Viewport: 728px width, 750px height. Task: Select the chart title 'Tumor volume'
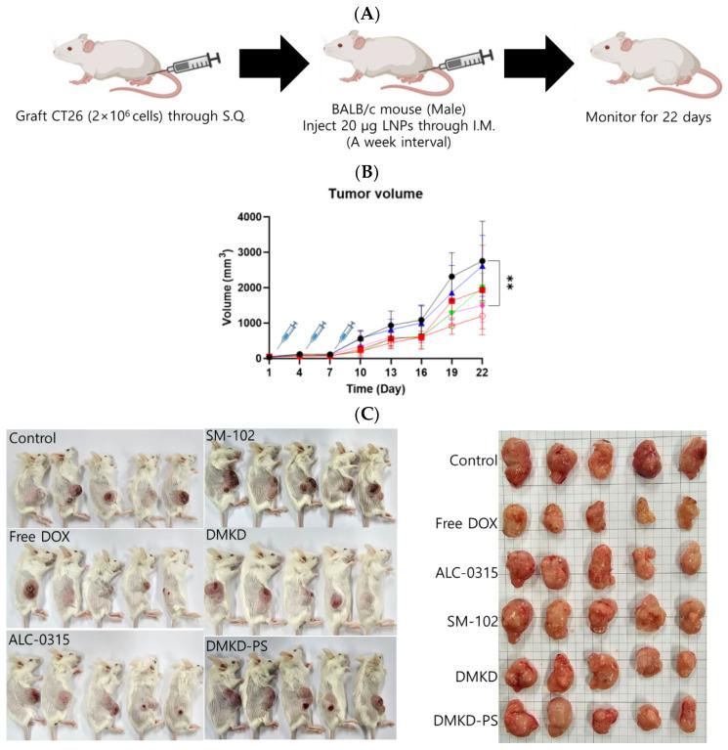363,194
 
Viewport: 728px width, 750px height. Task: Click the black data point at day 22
482,261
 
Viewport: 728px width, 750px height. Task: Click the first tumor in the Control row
521,462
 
